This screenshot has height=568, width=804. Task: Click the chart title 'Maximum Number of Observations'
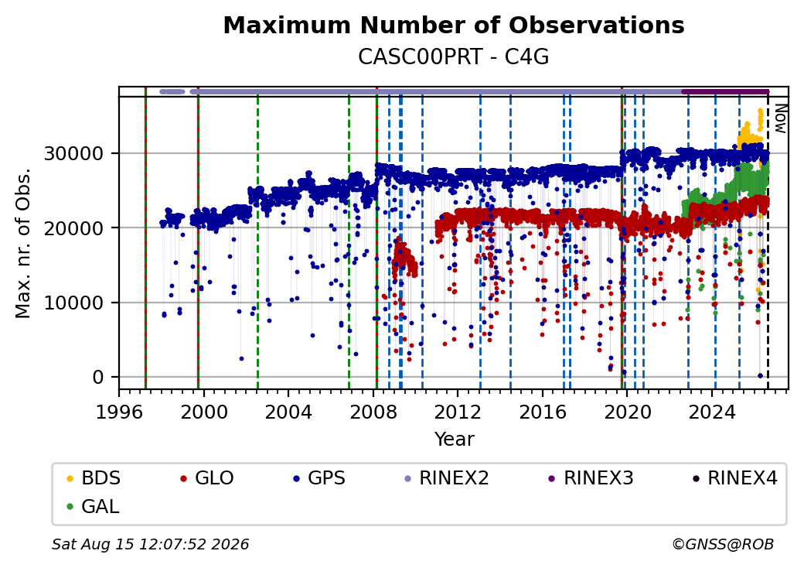click(454, 25)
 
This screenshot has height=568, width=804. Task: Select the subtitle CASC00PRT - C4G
click(453, 57)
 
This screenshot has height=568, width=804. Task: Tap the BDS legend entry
click(94, 478)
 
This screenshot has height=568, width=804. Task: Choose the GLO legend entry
click(207, 478)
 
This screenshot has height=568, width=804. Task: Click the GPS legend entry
click(319, 478)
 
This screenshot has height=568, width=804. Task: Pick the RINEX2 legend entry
click(447, 478)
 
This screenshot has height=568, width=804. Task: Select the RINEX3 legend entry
click(591, 478)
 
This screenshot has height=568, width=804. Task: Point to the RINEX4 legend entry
click(734, 478)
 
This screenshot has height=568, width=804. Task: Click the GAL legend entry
click(94, 506)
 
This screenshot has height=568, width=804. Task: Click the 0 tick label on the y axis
click(98, 378)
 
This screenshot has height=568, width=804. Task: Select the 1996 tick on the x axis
click(119, 412)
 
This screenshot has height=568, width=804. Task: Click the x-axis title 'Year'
click(454, 440)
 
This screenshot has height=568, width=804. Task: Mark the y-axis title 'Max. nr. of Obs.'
click(23, 243)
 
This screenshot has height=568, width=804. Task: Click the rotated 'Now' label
click(780, 118)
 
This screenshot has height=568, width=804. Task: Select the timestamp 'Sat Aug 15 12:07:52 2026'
click(150, 544)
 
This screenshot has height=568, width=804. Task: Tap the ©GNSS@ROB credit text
click(723, 544)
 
